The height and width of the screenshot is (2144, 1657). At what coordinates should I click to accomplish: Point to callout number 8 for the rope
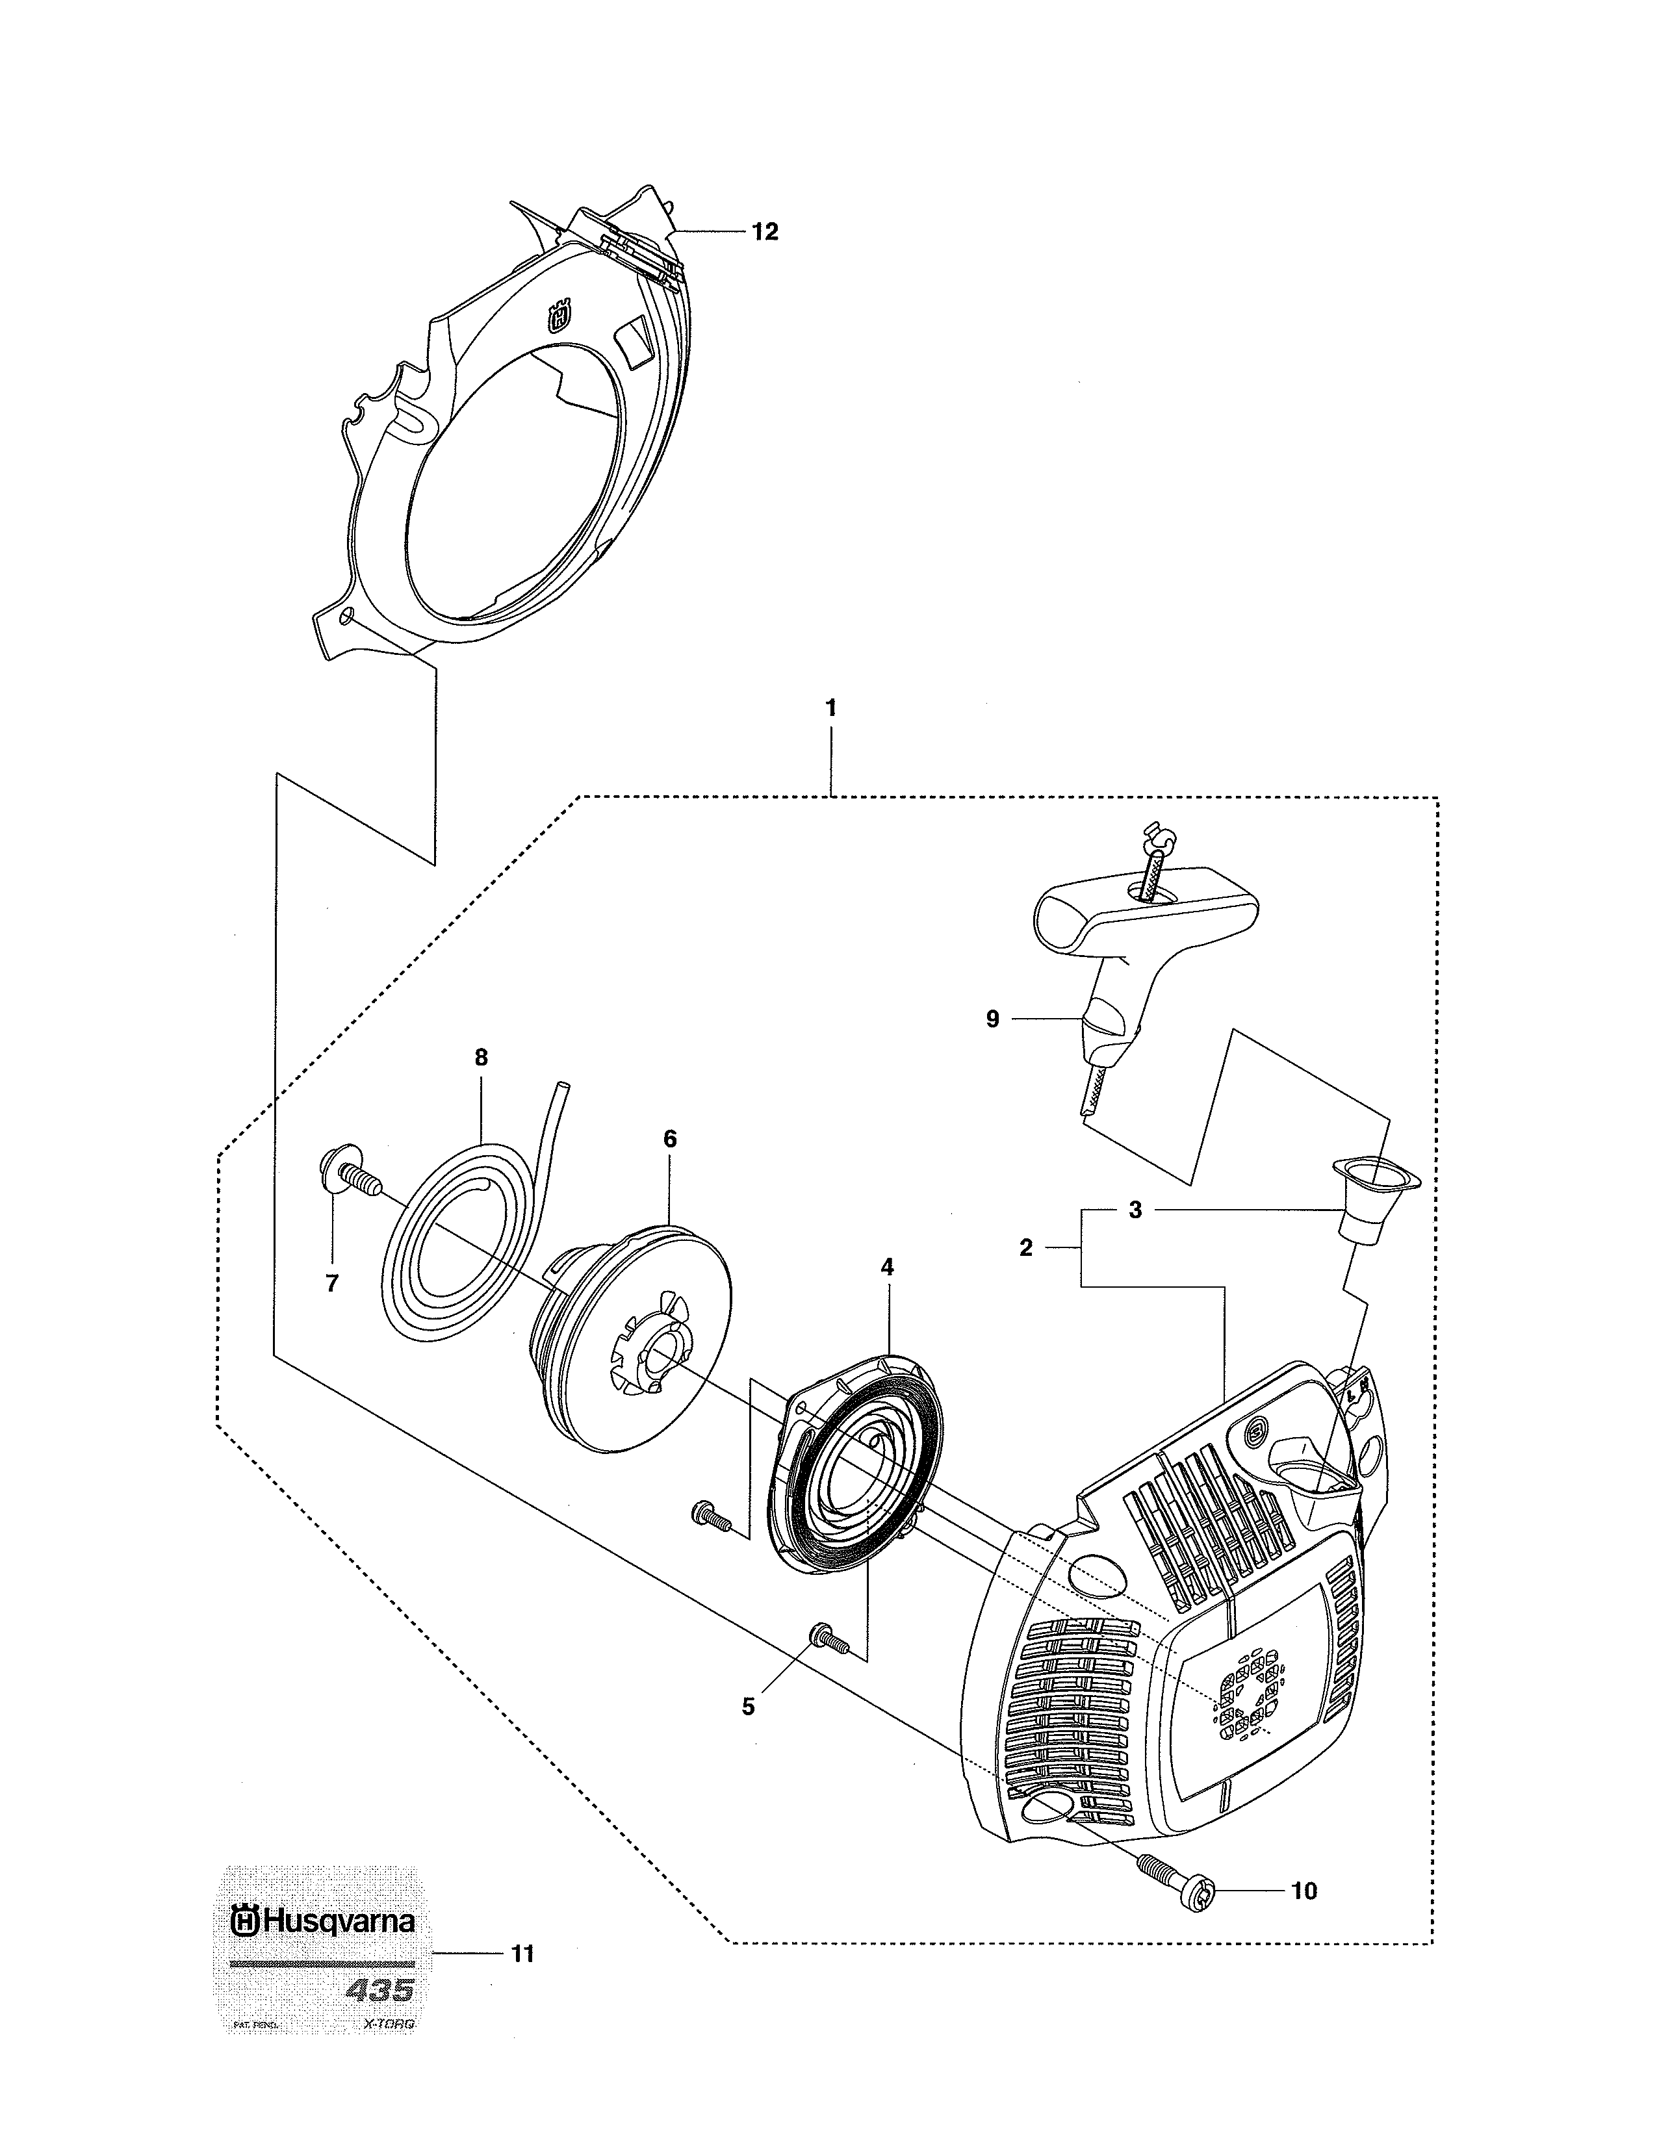tap(481, 1057)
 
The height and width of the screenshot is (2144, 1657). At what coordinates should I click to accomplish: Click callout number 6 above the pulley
tap(669, 1139)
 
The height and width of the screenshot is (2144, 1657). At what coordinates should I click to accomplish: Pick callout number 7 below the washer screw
tap(332, 1283)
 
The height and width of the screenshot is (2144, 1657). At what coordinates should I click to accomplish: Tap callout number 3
tap(1135, 1210)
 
